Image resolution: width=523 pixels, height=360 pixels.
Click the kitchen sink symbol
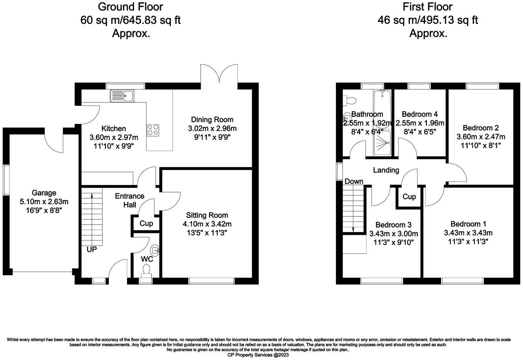(x=122, y=96)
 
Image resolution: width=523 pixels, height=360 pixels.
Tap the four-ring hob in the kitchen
(x=153, y=130)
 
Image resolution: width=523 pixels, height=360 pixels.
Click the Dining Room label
(x=212, y=119)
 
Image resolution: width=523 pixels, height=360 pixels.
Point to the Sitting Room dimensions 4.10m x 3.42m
(x=207, y=224)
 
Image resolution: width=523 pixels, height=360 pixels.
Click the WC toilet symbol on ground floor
(x=146, y=270)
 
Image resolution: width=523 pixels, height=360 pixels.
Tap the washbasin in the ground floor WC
(x=155, y=250)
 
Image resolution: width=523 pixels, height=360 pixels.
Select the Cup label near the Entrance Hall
(x=146, y=223)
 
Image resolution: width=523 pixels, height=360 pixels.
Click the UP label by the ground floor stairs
(x=91, y=250)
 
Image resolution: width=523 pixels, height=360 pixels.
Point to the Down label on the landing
(x=354, y=182)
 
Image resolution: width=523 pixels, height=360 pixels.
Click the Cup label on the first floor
(x=409, y=197)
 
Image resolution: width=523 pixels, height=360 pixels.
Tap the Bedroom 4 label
(x=420, y=114)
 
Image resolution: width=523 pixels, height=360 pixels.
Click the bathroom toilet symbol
(x=350, y=100)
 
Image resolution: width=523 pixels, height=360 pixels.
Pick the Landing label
(x=386, y=170)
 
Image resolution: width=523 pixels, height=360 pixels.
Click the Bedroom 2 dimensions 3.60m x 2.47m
(x=481, y=137)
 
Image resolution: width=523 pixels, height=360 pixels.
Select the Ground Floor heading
(x=130, y=7)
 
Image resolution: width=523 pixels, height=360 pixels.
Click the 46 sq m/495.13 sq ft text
(x=427, y=20)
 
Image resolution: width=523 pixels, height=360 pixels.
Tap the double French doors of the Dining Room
(x=219, y=76)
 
